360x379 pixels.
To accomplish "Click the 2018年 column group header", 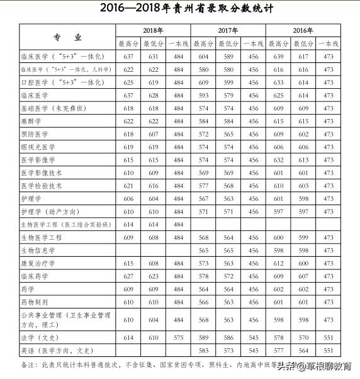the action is click(x=152, y=30).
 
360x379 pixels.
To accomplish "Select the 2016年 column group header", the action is click(x=303, y=30).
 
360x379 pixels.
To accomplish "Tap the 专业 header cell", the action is click(x=67, y=37).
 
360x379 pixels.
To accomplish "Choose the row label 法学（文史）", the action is click(x=44, y=338).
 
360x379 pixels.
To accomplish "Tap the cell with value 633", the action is click(x=278, y=82).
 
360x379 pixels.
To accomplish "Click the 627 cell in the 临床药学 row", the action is click(x=128, y=276).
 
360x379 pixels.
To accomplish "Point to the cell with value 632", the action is click(x=278, y=160).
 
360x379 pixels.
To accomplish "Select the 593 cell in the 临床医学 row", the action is click(x=203, y=95).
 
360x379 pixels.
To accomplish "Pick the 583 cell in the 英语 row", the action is click(x=203, y=351).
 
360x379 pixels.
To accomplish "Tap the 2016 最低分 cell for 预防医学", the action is click(x=303, y=134).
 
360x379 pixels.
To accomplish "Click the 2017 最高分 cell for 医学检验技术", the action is click(x=203, y=186).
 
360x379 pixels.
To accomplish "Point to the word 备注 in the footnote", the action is click(x=28, y=365).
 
